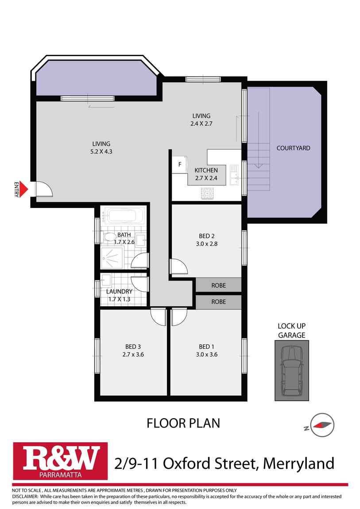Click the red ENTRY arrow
(23, 189)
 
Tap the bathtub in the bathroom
(122, 216)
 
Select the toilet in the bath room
(109, 237)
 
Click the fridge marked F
(180, 164)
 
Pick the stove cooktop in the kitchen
(207, 193)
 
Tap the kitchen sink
(234, 175)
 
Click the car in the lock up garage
(291, 370)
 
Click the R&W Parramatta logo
(60, 461)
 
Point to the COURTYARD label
(293, 148)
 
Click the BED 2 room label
(206, 236)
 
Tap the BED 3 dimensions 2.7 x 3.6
(133, 355)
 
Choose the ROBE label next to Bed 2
(218, 285)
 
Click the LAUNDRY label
(119, 292)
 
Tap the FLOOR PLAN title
(183, 423)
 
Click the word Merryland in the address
(298, 463)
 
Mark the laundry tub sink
(106, 280)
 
